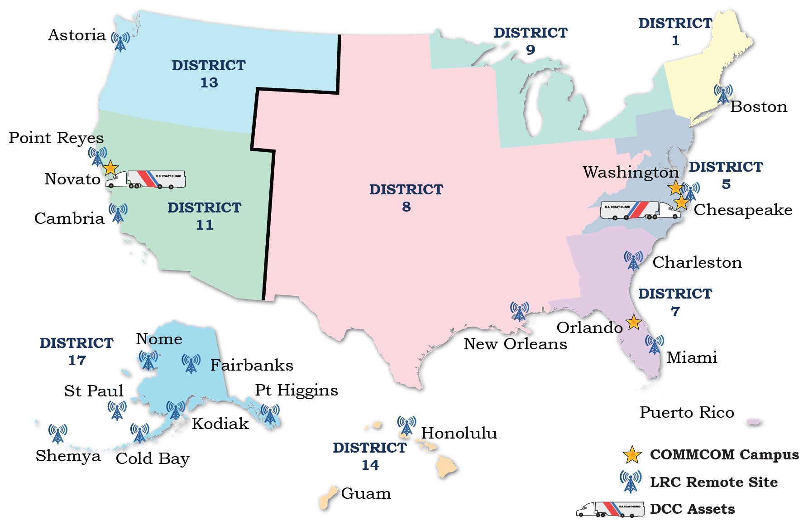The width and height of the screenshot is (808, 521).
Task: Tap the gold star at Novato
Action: click(110, 168)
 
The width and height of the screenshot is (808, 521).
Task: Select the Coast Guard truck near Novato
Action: click(146, 179)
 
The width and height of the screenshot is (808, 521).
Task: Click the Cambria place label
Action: click(69, 218)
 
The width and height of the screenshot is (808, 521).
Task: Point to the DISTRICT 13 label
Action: click(208, 74)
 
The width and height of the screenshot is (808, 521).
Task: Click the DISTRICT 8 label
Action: click(406, 198)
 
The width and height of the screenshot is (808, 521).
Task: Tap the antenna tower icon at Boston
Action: click(723, 94)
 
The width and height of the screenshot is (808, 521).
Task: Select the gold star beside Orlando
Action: click(634, 323)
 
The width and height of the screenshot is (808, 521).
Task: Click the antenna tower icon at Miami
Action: click(655, 345)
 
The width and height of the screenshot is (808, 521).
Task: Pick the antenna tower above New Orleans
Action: click(520, 311)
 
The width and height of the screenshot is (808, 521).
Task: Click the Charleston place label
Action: click(697, 262)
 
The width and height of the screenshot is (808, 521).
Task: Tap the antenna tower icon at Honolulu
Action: click(406, 426)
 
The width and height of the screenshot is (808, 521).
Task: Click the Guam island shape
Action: click(328, 498)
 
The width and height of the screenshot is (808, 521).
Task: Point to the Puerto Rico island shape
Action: click(754, 422)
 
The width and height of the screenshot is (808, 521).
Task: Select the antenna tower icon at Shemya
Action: click(58, 434)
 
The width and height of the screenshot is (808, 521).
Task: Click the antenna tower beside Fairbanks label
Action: click(191, 364)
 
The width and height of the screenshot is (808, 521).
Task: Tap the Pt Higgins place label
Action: click(296, 390)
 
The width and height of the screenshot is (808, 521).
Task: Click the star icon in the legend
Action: click(632, 455)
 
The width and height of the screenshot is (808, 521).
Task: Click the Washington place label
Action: click(630, 173)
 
